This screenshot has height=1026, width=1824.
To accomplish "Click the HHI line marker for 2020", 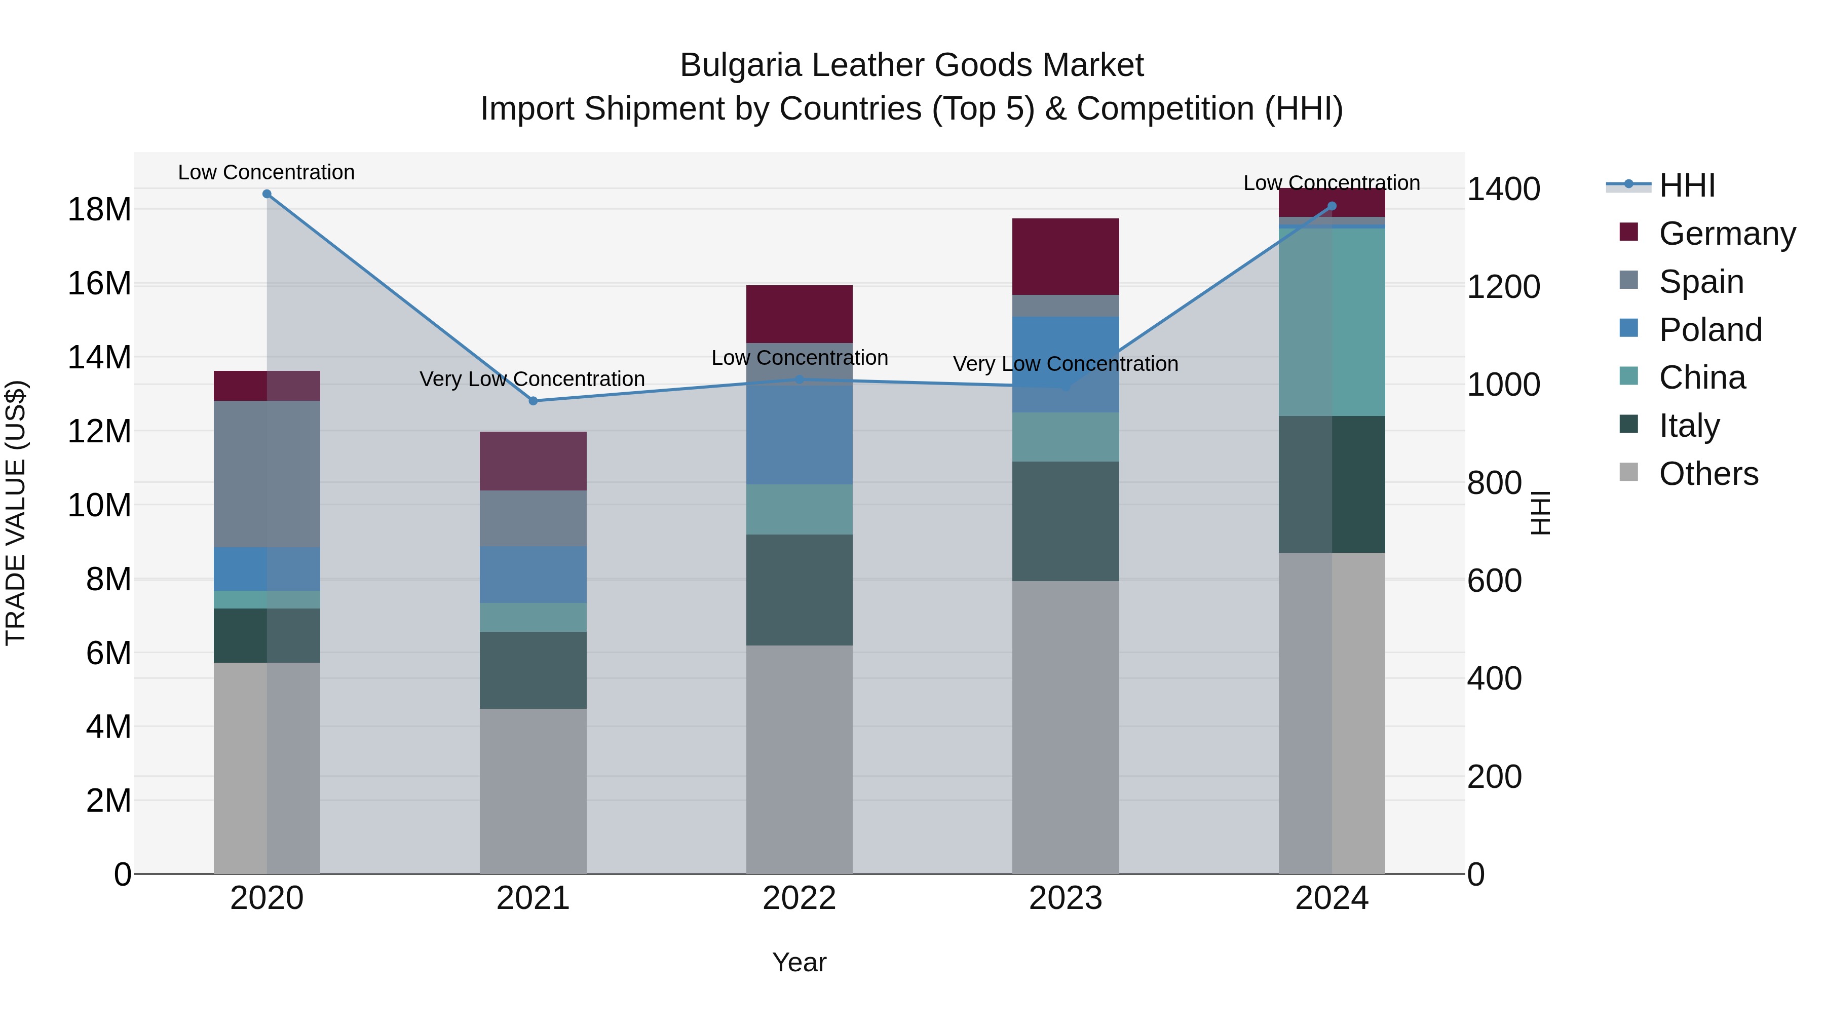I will tap(267, 194).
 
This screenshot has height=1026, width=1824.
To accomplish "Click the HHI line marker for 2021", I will tap(533, 401).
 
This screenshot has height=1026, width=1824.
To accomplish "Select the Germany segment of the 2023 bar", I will tap(1065, 256).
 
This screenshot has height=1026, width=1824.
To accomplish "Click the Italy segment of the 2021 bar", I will tap(533, 670).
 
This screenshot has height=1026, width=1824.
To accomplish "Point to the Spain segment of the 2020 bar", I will tap(267, 474).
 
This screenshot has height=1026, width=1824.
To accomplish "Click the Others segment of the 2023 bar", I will tap(1065, 727).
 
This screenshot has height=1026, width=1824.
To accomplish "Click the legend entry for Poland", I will tap(1710, 330).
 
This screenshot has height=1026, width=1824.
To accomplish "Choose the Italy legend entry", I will tap(1689, 426).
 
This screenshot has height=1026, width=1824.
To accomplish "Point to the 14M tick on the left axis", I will tap(99, 357).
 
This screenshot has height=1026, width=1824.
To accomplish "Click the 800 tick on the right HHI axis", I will tap(1494, 483).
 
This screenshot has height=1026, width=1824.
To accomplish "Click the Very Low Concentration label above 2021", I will tap(532, 379).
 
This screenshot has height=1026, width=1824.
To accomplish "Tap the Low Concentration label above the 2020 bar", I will tap(266, 172).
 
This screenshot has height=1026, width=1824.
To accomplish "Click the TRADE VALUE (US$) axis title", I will tap(16, 513).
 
